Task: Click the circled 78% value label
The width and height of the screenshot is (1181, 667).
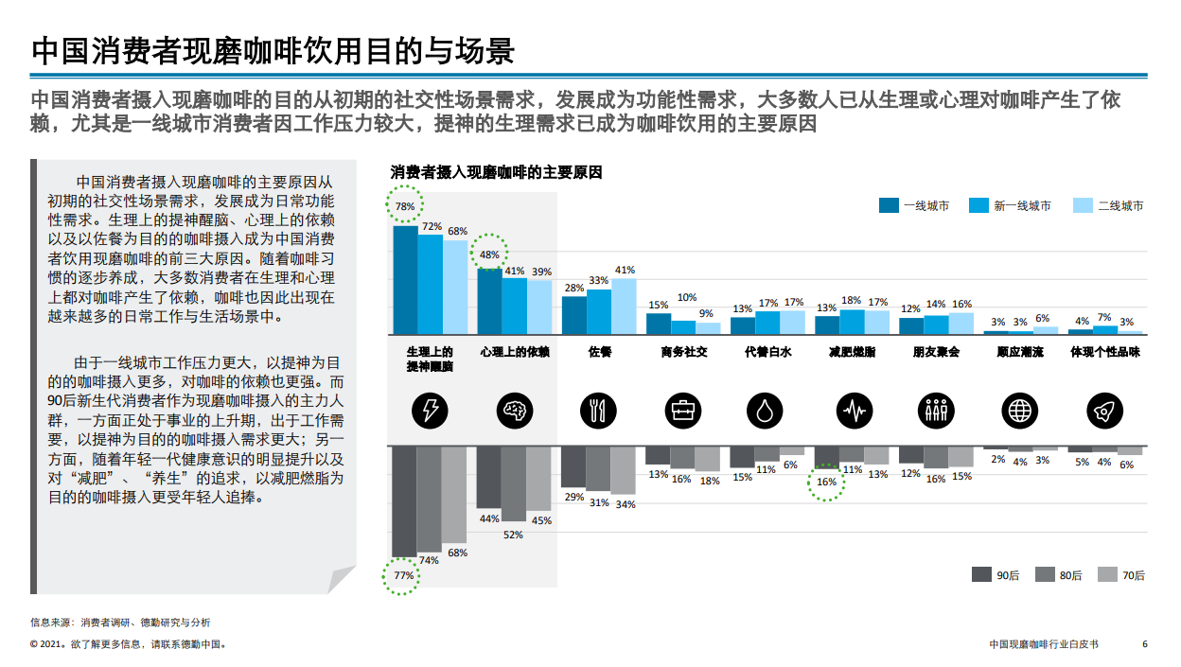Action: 405,206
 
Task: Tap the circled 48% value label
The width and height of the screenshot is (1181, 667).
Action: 489,255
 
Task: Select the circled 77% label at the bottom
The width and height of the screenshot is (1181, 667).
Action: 404,575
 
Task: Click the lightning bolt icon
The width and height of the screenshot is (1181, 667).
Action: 431,410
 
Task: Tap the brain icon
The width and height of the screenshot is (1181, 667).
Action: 515,410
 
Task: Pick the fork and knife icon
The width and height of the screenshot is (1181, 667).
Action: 598,410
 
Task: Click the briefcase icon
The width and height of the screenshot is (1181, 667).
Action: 682,410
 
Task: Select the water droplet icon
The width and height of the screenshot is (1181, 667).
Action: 767,410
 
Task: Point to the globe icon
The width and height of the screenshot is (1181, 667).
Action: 1019,410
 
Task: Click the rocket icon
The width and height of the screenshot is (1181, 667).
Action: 1103,410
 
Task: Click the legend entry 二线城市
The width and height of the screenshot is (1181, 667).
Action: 1108,205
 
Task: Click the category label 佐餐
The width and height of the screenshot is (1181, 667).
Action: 598,351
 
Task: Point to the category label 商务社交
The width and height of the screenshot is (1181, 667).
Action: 683,351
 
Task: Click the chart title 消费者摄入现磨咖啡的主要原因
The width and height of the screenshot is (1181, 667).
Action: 496,172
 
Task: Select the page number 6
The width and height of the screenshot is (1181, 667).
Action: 1145,644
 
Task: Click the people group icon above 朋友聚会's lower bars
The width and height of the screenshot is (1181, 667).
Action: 935,410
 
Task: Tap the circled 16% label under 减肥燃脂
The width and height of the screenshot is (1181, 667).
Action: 826,482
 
